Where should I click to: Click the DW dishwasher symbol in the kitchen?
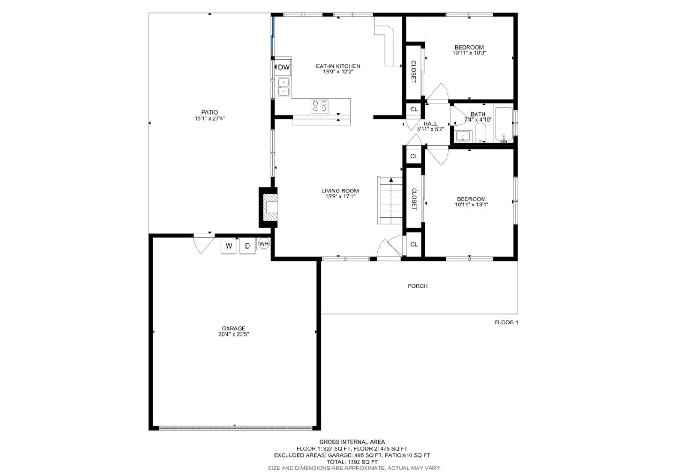[x=284, y=67]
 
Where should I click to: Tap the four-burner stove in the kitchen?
[x=320, y=106]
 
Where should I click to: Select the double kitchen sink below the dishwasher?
[x=284, y=87]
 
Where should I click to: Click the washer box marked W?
[x=229, y=246]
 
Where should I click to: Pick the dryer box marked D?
[x=248, y=246]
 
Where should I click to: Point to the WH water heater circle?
[x=264, y=244]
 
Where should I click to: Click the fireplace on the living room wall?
[x=269, y=207]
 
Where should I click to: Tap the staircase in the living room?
[x=390, y=201]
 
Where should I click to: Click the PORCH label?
[x=418, y=286]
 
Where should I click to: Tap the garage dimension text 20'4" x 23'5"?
[x=234, y=335]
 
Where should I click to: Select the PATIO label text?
[x=210, y=112]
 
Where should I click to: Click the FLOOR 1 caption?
[x=506, y=322]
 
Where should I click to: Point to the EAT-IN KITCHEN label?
[x=338, y=66]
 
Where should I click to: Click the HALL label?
[x=430, y=124]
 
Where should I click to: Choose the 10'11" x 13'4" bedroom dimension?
[x=471, y=205]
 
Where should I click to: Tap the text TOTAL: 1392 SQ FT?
[x=352, y=461]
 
